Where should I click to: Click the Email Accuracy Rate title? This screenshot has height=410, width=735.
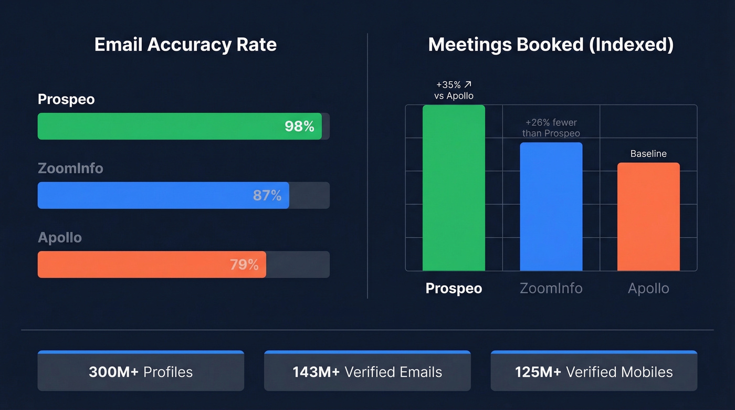(185, 45)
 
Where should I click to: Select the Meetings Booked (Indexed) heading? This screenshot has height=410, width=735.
(551, 45)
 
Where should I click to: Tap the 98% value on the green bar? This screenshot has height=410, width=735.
(299, 126)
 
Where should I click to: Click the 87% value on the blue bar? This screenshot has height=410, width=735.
(267, 195)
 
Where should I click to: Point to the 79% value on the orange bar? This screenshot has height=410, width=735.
(244, 265)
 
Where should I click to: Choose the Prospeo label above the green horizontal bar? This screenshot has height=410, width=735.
(66, 99)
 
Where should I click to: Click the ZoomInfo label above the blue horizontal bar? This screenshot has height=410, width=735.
(70, 169)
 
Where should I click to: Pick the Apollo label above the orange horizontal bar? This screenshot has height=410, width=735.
(60, 237)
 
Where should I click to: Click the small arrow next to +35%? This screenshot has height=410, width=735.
(468, 84)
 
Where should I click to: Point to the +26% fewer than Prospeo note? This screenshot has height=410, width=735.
(551, 128)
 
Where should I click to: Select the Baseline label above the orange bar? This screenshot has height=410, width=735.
(648, 154)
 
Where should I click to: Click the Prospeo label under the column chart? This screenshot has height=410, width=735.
(454, 288)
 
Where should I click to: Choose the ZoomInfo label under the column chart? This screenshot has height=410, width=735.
(551, 288)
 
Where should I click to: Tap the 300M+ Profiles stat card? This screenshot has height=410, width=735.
(141, 372)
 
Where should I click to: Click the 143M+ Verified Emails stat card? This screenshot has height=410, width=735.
(367, 372)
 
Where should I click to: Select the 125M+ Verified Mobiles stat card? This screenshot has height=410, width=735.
(594, 372)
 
